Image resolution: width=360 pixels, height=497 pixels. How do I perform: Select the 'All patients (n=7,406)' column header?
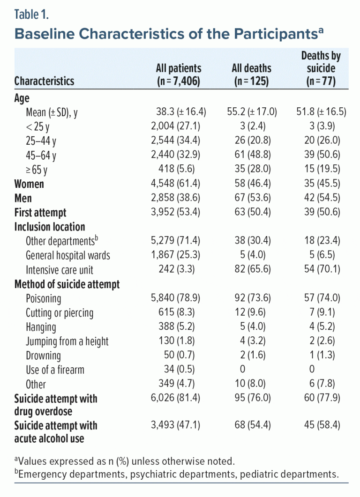pyautogui.click(x=178, y=74)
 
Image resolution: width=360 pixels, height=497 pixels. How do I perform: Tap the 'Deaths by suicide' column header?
pyautogui.click(x=321, y=68)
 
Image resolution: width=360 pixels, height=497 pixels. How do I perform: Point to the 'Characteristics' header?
pyautogui.click(x=44, y=81)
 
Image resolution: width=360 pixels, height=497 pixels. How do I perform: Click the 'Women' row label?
pyautogui.click(x=29, y=184)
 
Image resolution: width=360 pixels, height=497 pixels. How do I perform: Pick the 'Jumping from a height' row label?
pyautogui.click(x=67, y=341)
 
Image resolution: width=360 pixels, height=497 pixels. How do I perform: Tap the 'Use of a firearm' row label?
pyautogui.click(x=55, y=370)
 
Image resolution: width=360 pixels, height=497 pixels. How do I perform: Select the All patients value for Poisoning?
pyautogui.click(x=178, y=298)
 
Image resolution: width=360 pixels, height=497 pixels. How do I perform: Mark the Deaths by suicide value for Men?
pyautogui.click(x=321, y=198)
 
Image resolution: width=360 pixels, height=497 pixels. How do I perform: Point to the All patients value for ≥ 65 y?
pyautogui.click(x=178, y=170)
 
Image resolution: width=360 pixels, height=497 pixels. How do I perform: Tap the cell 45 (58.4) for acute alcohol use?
pyautogui.click(x=321, y=425)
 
